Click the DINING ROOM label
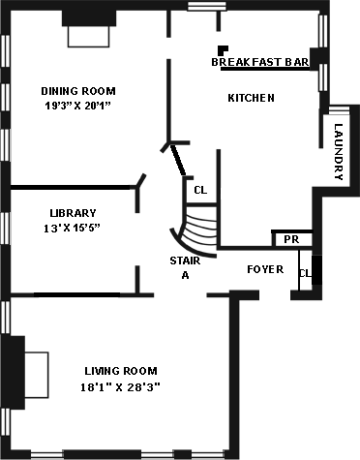[x=78, y=91]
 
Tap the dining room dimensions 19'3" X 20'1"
[x=77, y=106]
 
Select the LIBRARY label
[x=73, y=213]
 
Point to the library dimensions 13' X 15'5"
[x=72, y=229]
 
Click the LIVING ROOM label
[x=121, y=371]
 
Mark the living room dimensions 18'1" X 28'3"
[x=120, y=386]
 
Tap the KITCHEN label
[x=251, y=98]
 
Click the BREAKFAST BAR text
[x=260, y=62]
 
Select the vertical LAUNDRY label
[x=338, y=152]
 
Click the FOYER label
[x=265, y=269]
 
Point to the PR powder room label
[x=291, y=239]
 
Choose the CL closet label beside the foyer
[x=305, y=273]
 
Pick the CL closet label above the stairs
[x=200, y=190]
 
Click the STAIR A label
[x=185, y=268]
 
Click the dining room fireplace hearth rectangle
[x=89, y=37]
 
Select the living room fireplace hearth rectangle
[x=37, y=375]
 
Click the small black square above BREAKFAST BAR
[x=223, y=50]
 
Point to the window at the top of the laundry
[x=339, y=109]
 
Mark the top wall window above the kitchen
[x=206, y=7]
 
